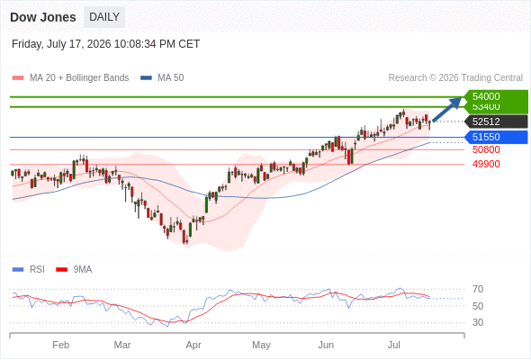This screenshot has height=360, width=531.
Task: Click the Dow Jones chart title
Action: click(x=43, y=17)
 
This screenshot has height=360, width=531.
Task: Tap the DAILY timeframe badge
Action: click(x=104, y=17)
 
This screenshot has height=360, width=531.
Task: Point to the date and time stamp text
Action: click(x=105, y=44)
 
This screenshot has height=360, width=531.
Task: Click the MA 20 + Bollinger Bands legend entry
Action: click(x=70, y=78)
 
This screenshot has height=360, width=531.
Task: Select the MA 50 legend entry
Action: click(x=162, y=78)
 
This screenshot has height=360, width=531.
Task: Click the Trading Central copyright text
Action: click(x=455, y=78)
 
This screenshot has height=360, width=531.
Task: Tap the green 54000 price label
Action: click(x=496, y=96)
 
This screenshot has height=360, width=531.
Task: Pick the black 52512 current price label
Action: click(x=496, y=121)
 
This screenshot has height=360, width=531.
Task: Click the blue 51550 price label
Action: click(x=496, y=137)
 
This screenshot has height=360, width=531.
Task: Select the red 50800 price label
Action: click(x=486, y=149)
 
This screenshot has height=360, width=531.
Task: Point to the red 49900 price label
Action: click(x=486, y=165)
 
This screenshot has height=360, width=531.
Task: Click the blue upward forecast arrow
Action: click(x=447, y=109)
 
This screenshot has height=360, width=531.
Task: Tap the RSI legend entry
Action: click(x=29, y=270)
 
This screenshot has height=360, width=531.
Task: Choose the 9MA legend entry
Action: click(x=74, y=270)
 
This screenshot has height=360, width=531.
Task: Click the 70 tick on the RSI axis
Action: click(x=478, y=289)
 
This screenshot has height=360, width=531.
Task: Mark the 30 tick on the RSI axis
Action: click(x=478, y=322)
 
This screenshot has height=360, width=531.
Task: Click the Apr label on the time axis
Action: click(x=193, y=345)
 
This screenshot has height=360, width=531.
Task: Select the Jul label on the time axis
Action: click(x=394, y=345)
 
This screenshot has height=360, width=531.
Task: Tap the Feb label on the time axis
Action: click(x=61, y=345)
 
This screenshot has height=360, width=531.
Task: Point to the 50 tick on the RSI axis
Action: click(x=478, y=306)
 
